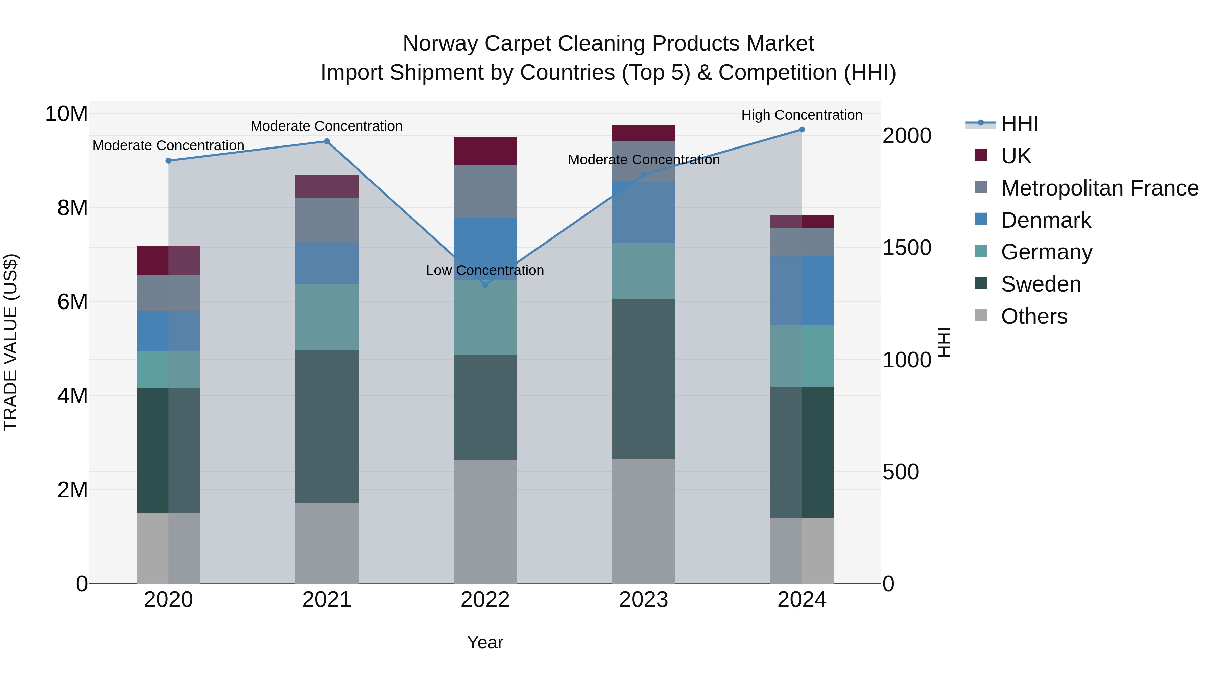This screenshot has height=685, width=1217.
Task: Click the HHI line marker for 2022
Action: coord(485,284)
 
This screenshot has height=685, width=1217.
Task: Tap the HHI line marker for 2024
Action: coord(802,130)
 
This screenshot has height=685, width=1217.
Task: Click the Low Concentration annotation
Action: coord(485,270)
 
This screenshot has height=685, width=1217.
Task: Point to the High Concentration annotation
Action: coord(802,115)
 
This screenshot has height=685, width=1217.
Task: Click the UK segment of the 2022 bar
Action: coord(485,151)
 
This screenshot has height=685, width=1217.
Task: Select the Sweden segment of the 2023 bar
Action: coord(643,378)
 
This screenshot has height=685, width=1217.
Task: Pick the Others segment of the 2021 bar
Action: coord(327,543)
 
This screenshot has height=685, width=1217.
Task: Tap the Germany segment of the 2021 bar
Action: coord(327,317)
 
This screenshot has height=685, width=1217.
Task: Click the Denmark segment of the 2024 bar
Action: coord(802,291)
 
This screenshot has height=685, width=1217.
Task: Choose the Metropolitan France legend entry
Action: coord(1099,188)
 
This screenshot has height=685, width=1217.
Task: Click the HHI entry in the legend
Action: coord(1020,124)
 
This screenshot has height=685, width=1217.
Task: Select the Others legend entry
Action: coord(1034,316)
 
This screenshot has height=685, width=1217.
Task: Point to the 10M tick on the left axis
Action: coord(66,114)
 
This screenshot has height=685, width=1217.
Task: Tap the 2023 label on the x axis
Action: coord(643,600)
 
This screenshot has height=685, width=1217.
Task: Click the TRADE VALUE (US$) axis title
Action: coord(11,342)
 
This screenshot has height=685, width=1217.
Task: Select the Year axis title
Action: coord(485,642)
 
